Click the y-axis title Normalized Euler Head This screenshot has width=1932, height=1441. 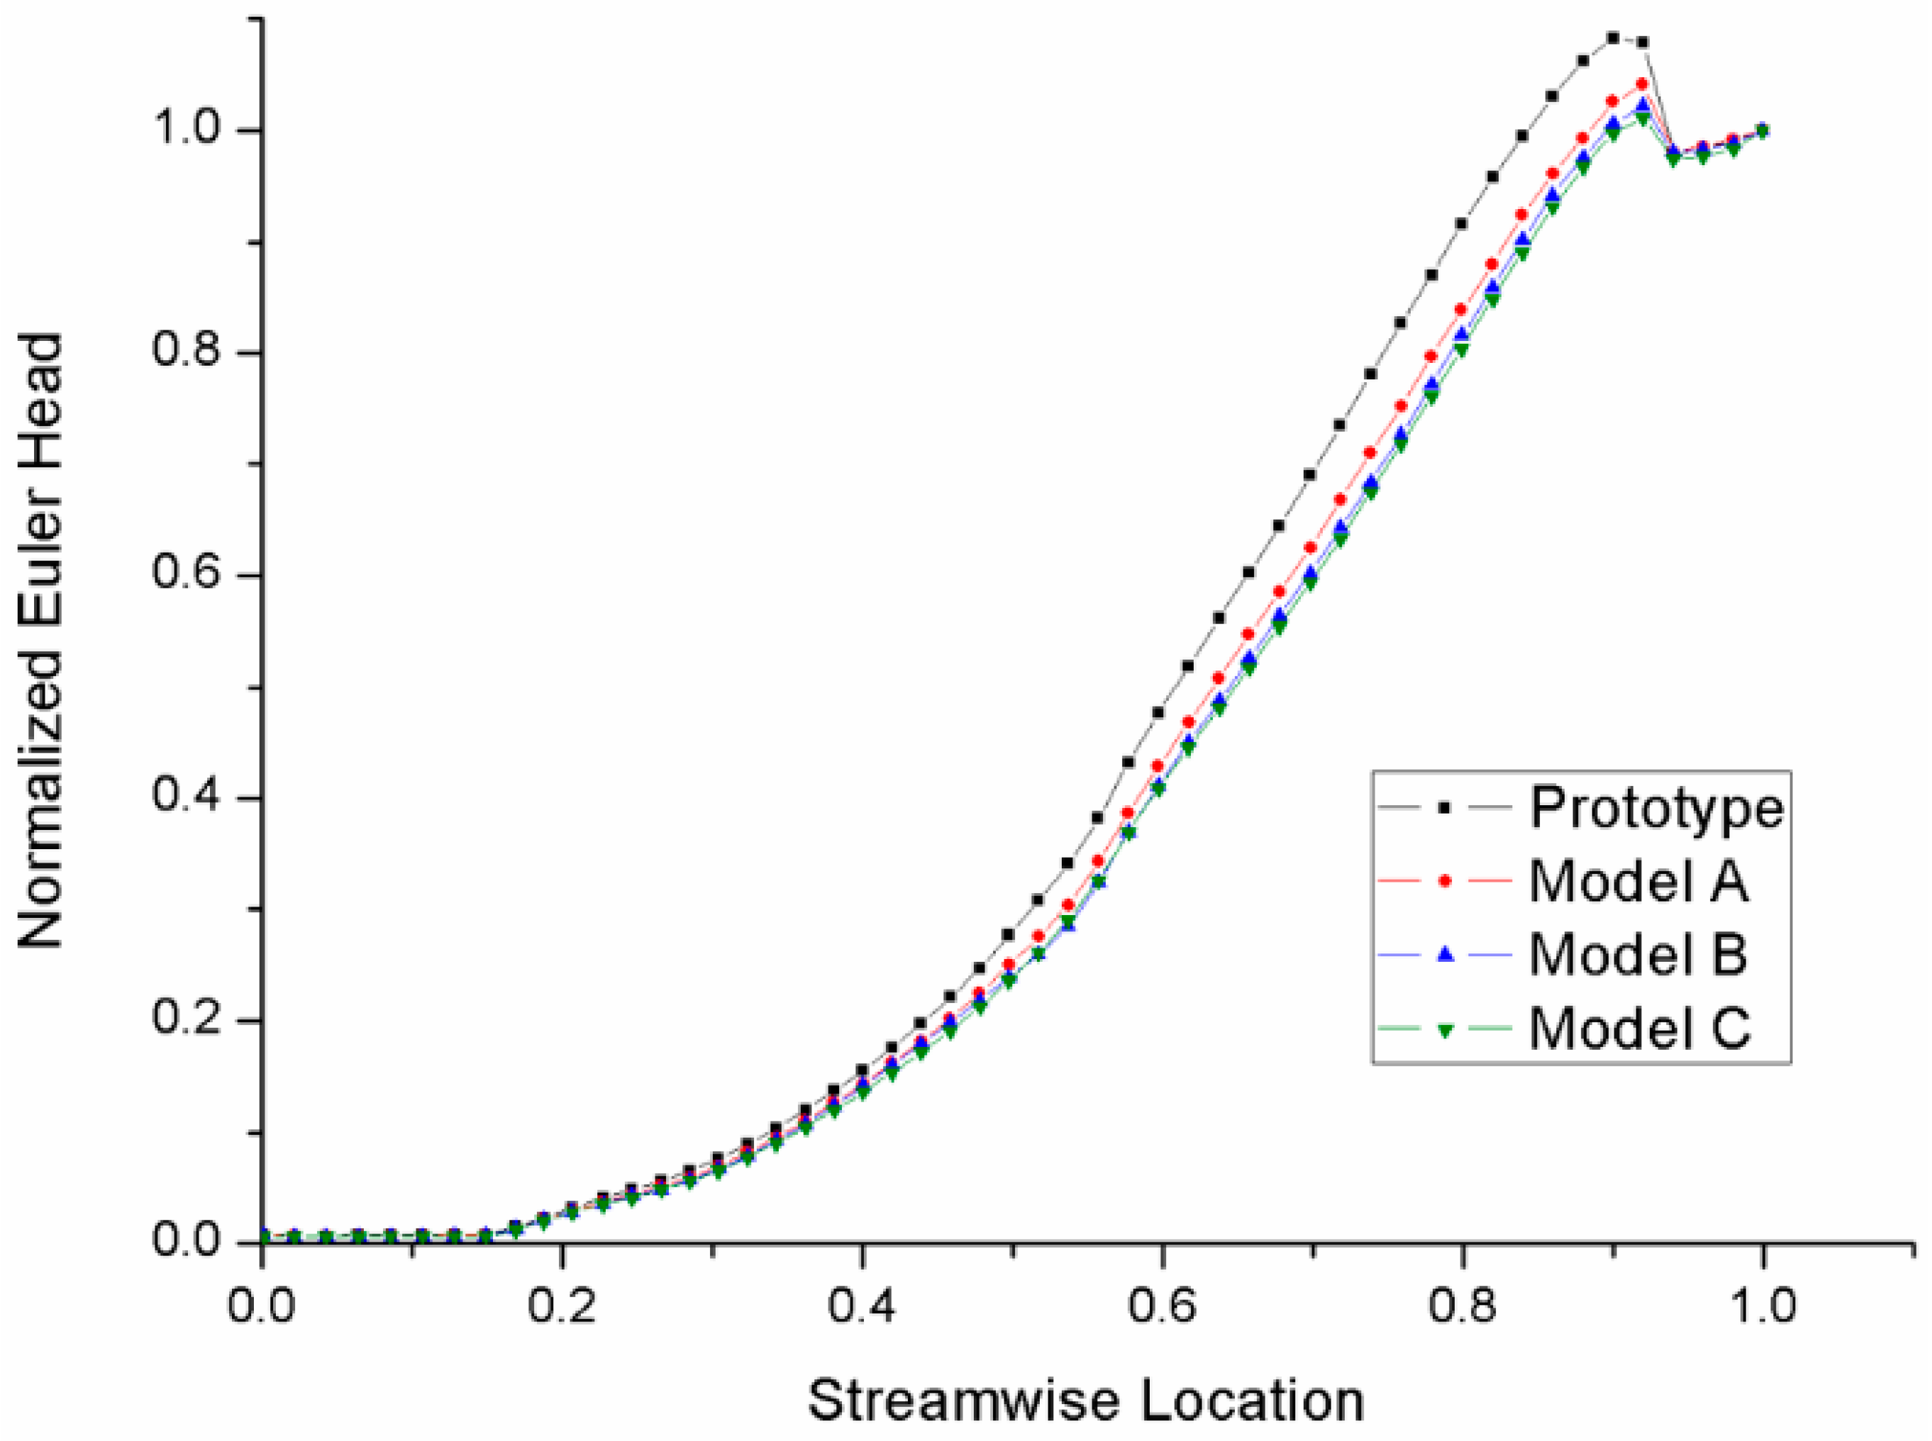41,642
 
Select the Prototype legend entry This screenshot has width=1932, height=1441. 1655,808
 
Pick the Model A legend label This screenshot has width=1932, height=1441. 1638,881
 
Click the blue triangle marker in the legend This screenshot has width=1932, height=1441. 1444,955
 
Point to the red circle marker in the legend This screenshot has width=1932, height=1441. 1444,881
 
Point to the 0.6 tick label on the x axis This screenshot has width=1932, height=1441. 1162,1306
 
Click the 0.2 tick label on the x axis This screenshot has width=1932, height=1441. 561,1306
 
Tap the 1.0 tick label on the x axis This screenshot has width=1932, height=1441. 1762,1306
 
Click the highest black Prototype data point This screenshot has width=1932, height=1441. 1613,38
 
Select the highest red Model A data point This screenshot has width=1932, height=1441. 1641,84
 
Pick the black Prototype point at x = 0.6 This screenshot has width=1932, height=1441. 1159,712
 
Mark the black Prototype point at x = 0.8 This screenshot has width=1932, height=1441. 1462,224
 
